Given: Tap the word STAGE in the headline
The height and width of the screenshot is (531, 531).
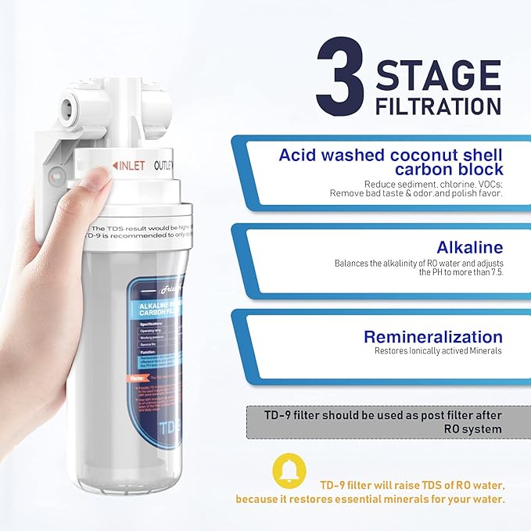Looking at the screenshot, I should coord(438,76).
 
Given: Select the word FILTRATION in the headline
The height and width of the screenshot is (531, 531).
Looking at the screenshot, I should coord(438,106).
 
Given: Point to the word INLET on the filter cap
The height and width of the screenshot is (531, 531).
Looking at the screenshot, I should coord(130,166).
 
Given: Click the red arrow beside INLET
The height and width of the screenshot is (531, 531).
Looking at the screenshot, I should coord(115,166).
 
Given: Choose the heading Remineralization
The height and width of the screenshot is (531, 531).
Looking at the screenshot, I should coord(432,337).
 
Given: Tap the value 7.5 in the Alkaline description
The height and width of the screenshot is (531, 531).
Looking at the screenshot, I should coord(493,272).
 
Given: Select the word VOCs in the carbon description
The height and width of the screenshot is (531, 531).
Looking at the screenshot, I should coord(486,184).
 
